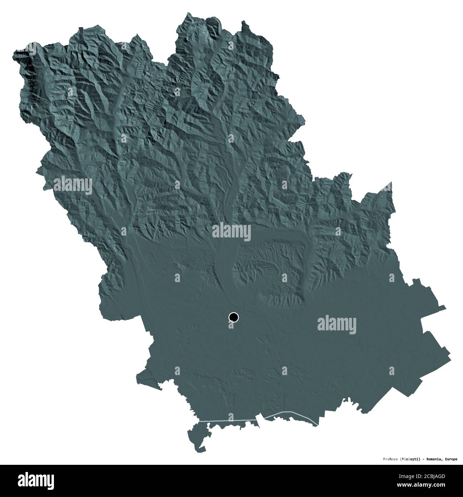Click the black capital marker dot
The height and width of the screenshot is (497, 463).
pos(234,317)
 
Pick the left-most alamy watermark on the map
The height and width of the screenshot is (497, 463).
pos(73,185)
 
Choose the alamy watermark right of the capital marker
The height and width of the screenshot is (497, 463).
pos(337,324)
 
